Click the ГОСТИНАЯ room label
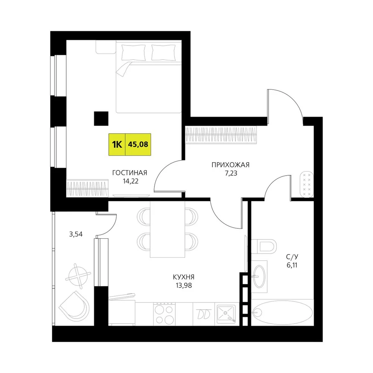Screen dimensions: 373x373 point(130,173)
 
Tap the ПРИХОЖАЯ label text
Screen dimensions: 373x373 point(231,165)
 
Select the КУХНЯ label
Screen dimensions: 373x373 point(184,277)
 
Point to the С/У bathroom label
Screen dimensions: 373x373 point(292,257)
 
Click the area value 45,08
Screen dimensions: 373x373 point(138,144)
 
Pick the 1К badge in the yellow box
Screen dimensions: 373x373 point(117,144)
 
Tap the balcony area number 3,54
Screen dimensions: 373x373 point(76,234)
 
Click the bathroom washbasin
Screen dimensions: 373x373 point(259,276)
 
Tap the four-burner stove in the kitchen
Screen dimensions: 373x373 point(164,314)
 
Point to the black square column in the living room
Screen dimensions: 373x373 point(101,119)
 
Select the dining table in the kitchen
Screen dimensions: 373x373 point(167,229)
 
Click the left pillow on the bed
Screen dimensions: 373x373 point(133,53)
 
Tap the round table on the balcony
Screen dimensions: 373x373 point(78,276)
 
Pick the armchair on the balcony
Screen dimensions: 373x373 point(74,307)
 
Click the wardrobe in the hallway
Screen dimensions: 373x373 point(221,135)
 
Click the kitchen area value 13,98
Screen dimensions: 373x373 point(184,285)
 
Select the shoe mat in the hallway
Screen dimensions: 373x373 point(307,184)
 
